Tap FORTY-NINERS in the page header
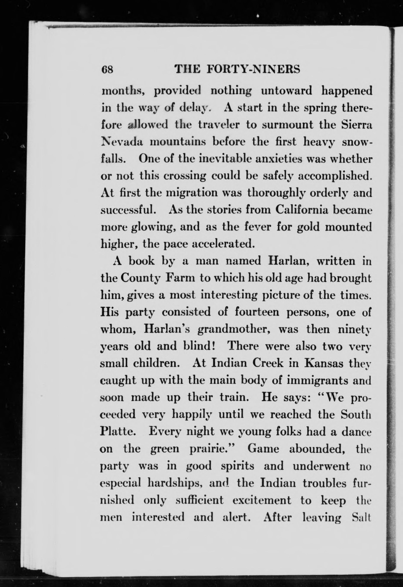pyautogui.click(x=253, y=69)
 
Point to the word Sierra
pyautogui.click(x=357, y=125)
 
